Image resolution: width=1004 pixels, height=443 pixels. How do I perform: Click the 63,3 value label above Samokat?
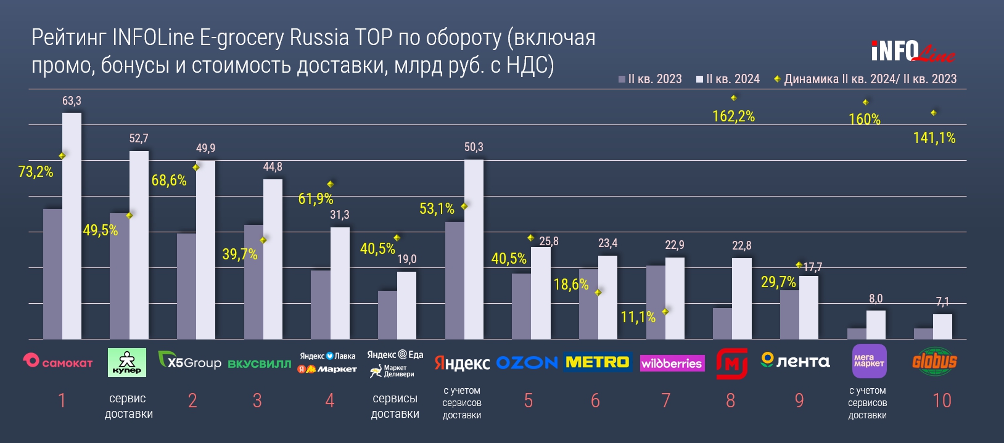pos(72,101)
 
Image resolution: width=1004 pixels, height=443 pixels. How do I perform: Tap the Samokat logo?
pos(57,362)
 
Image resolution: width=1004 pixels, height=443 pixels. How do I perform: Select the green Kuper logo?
pos(127,362)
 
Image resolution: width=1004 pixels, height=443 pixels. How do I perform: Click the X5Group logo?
pos(189,362)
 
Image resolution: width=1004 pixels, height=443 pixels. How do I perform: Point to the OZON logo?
pos(527,362)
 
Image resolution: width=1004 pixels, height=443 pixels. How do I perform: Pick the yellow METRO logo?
pos(597,362)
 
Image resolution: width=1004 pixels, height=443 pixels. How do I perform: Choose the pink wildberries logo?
pos(672,363)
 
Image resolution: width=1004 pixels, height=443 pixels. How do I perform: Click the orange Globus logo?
pos(934,361)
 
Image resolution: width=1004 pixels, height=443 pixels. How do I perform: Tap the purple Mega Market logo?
pos(869,360)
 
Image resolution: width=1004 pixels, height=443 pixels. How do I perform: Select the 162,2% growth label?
pos(733,116)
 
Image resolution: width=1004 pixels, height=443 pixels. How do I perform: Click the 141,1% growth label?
pos(934,138)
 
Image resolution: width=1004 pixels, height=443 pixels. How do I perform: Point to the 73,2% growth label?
pos(36,172)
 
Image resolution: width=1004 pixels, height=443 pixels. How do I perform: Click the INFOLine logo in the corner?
pos(913,52)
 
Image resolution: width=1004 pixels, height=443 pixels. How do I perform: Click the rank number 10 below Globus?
pos(942,400)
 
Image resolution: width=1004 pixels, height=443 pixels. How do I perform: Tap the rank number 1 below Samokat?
pos(62,400)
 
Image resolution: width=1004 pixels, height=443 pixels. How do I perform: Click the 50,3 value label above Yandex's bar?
pos(474,147)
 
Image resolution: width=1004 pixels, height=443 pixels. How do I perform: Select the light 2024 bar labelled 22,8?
pos(742,298)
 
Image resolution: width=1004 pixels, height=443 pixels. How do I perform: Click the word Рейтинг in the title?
pos(69,38)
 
